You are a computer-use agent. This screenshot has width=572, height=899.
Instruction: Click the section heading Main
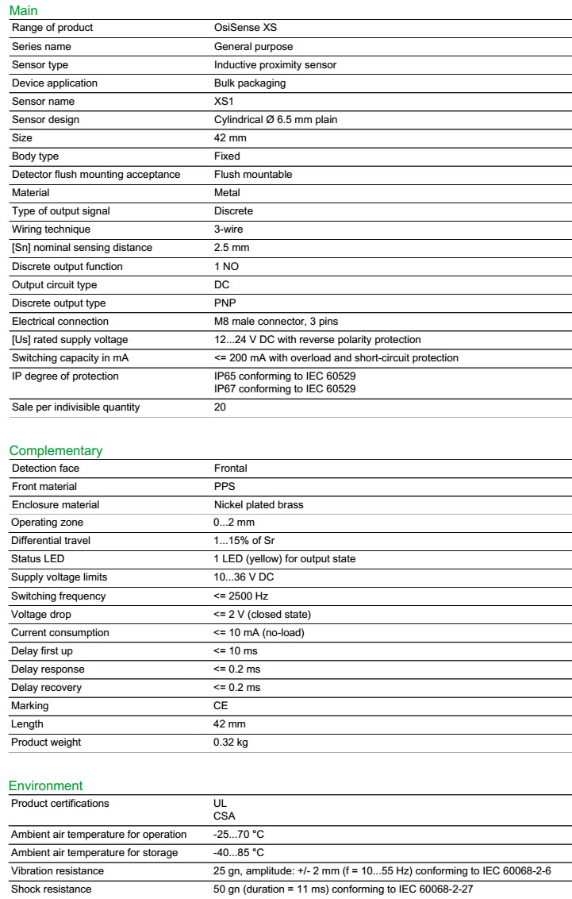[x=23, y=11]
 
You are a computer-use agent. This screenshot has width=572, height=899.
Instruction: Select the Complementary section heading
[x=56, y=451]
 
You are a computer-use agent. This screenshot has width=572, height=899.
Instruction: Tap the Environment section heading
[x=45, y=785]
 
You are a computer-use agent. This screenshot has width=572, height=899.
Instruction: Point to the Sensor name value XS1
[x=224, y=102]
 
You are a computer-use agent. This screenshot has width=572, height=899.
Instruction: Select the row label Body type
[x=35, y=156]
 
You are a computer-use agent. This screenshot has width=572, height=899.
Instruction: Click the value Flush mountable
[x=253, y=175]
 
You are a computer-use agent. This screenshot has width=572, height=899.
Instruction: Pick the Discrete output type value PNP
[x=225, y=303]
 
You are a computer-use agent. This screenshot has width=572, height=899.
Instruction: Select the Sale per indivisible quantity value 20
[x=220, y=407]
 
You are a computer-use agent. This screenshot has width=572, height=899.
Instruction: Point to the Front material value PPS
[x=225, y=486]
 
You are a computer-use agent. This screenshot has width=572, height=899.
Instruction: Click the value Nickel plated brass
[x=259, y=504]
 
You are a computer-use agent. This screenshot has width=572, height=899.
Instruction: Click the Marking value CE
[x=221, y=706]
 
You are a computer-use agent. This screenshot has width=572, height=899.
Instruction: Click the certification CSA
[x=225, y=816]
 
